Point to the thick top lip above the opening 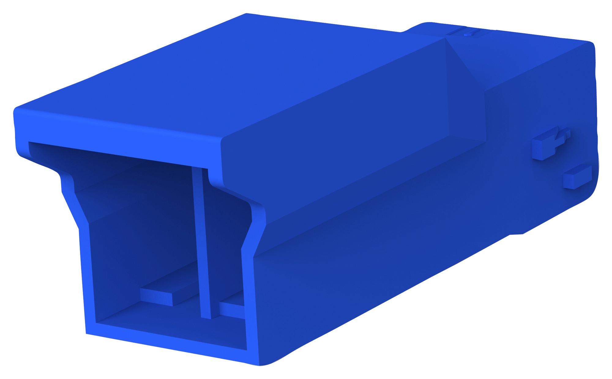click(x=116, y=134)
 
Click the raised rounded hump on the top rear click(x=428, y=28)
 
